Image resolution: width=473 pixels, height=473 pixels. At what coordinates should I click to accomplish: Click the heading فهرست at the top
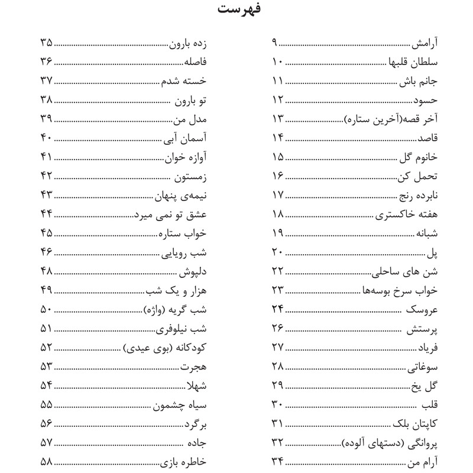pyautogui.click(x=236, y=11)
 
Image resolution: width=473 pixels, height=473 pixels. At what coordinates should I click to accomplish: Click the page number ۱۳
pyautogui.click(x=277, y=120)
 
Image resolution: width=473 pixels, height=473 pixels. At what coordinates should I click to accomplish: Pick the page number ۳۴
pyautogui.click(x=277, y=461)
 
